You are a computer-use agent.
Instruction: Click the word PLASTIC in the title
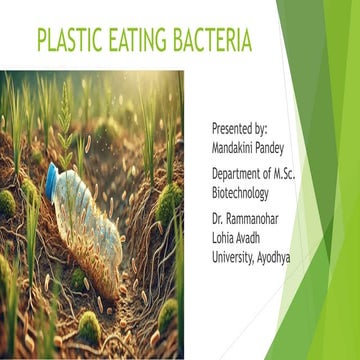point(73,42)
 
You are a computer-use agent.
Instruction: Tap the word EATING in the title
point(148,42)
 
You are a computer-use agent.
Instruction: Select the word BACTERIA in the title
point(216,42)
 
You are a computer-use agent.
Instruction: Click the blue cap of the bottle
point(51,179)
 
